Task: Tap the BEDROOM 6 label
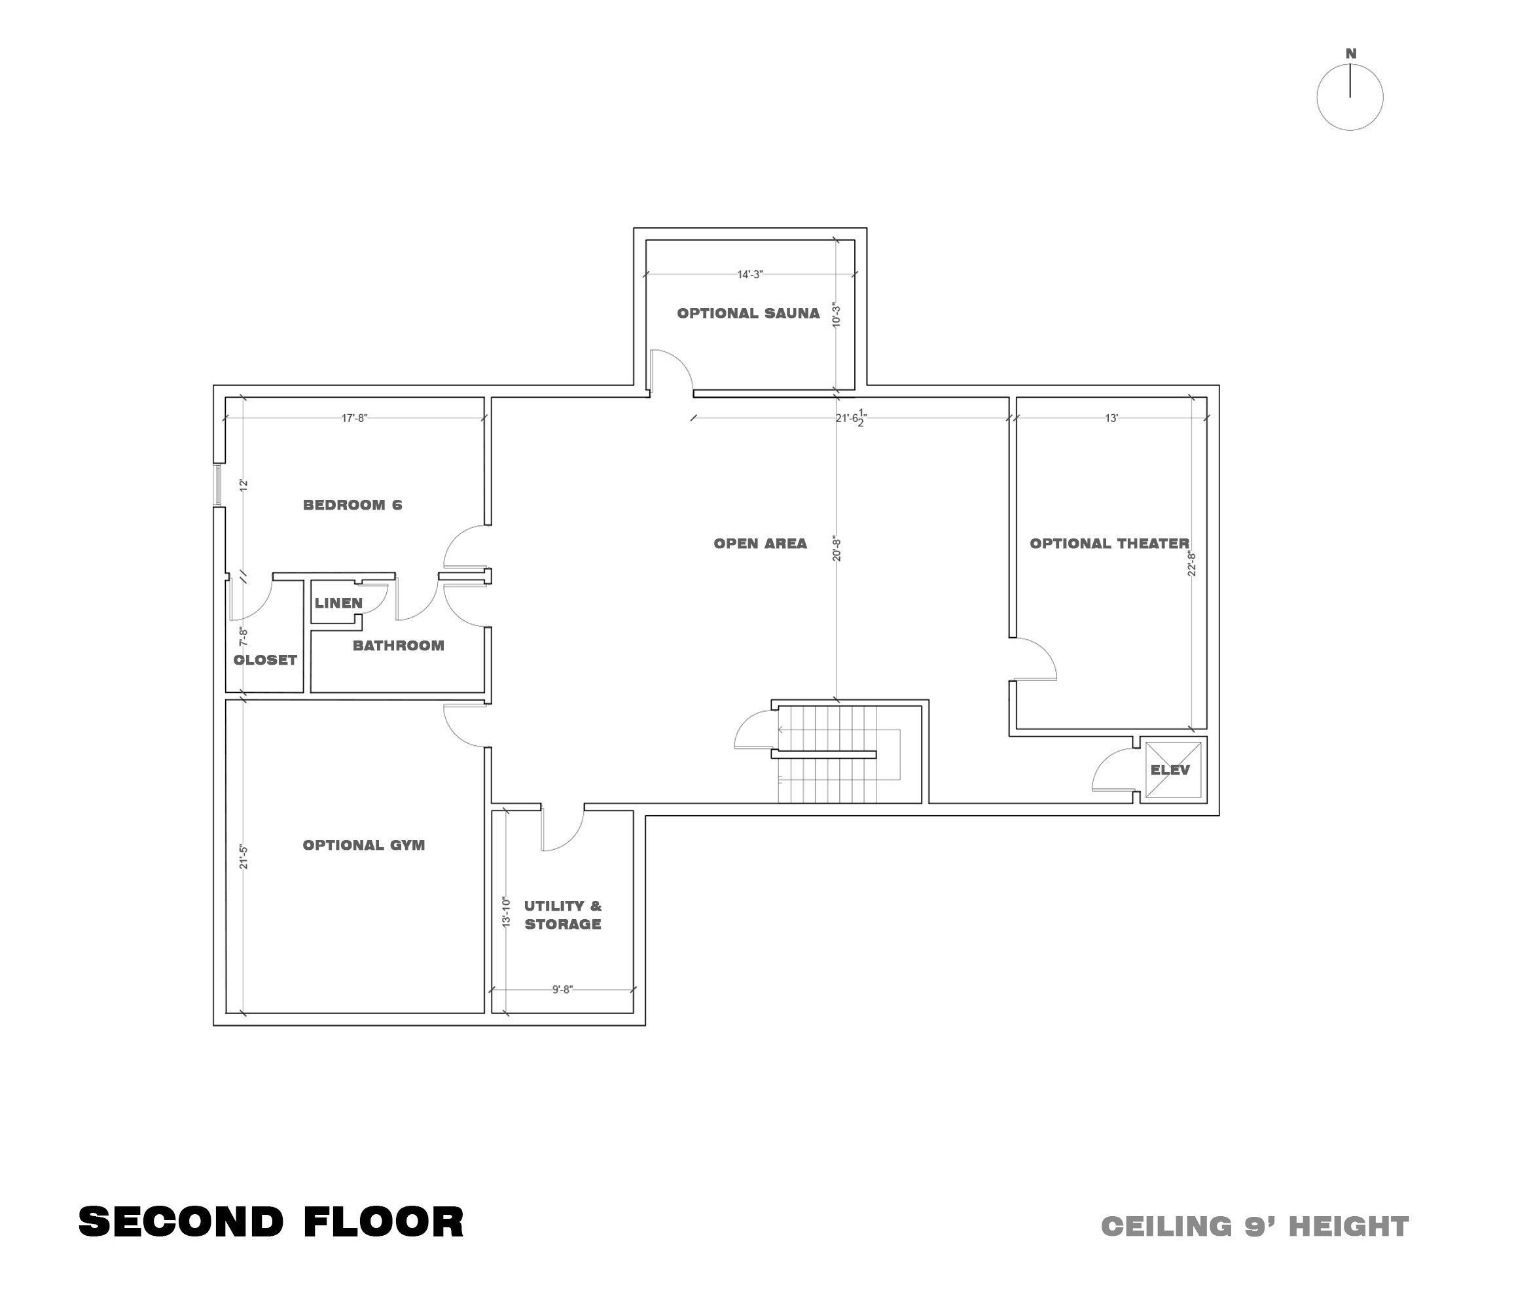pos(352,505)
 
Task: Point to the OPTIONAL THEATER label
pos(1109,544)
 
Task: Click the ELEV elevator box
pos(1172,770)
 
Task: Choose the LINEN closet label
pos(338,603)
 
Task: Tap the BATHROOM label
pos(398,646)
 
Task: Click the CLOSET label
pos(264,660)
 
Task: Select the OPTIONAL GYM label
pos(363,845)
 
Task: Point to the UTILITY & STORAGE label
pos(562,915)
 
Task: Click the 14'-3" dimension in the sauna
pos(749,275)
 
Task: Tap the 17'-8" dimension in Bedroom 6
pos(354,418)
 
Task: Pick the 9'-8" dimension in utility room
pos(562,990)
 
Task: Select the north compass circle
pos(1350,97)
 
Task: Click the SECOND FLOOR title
pos(271,1221)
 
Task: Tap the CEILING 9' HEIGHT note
pos(1255,1227)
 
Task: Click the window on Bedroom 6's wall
pos(218,484)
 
